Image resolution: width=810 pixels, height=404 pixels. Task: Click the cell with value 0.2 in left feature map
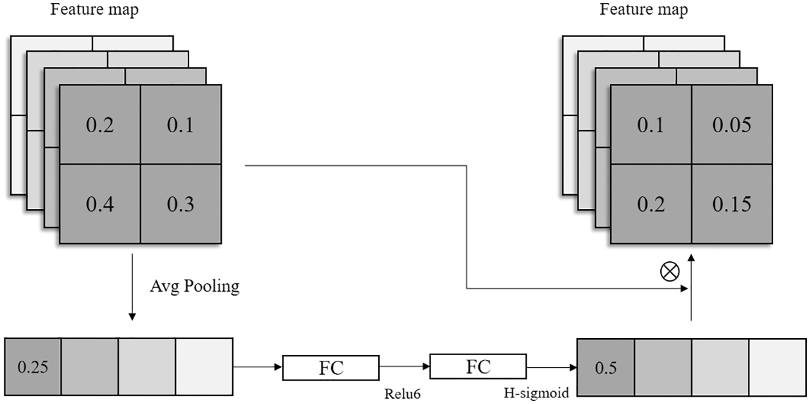click(x=99, y=125)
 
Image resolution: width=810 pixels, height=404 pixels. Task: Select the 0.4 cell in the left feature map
click(x=99, y=204)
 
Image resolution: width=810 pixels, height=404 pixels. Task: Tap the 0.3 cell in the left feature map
click(x=181, y=204)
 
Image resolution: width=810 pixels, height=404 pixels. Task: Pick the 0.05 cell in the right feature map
click(x=732, y=125)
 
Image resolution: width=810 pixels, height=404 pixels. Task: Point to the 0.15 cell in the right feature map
click(x=732, y=204)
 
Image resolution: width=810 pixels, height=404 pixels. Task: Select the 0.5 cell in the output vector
click(x=605, y=367)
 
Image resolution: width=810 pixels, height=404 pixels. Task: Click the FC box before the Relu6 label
click(x=331, y=368)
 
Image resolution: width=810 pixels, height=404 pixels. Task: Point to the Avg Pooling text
click(x=194, y=287)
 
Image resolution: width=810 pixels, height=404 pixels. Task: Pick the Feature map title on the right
click(x=634, y=10)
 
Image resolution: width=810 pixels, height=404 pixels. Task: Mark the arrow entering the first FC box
click(x=258, y=368)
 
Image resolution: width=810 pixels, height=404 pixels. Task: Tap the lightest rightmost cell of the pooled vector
click(x=203, y=367)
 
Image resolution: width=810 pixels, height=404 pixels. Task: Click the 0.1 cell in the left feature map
click(x=181, y=125)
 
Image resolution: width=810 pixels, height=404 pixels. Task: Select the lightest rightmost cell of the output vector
click(x=776, y=367)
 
